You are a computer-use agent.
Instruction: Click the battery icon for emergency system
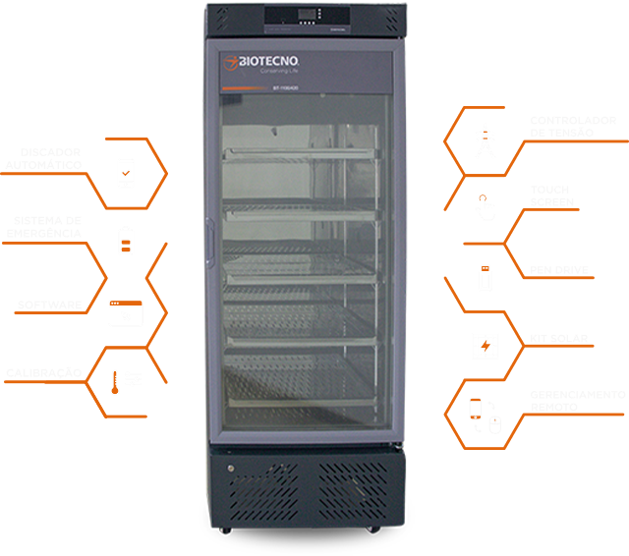point(125,242)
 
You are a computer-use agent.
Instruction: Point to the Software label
point(49,306)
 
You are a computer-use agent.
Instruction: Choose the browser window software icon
point(125,312)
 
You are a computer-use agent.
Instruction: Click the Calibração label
point(43,373)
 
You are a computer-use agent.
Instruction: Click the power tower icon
point(484,140)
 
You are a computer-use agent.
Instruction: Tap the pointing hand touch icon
point(483,205)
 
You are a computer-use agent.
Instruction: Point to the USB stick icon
point(484,278)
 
